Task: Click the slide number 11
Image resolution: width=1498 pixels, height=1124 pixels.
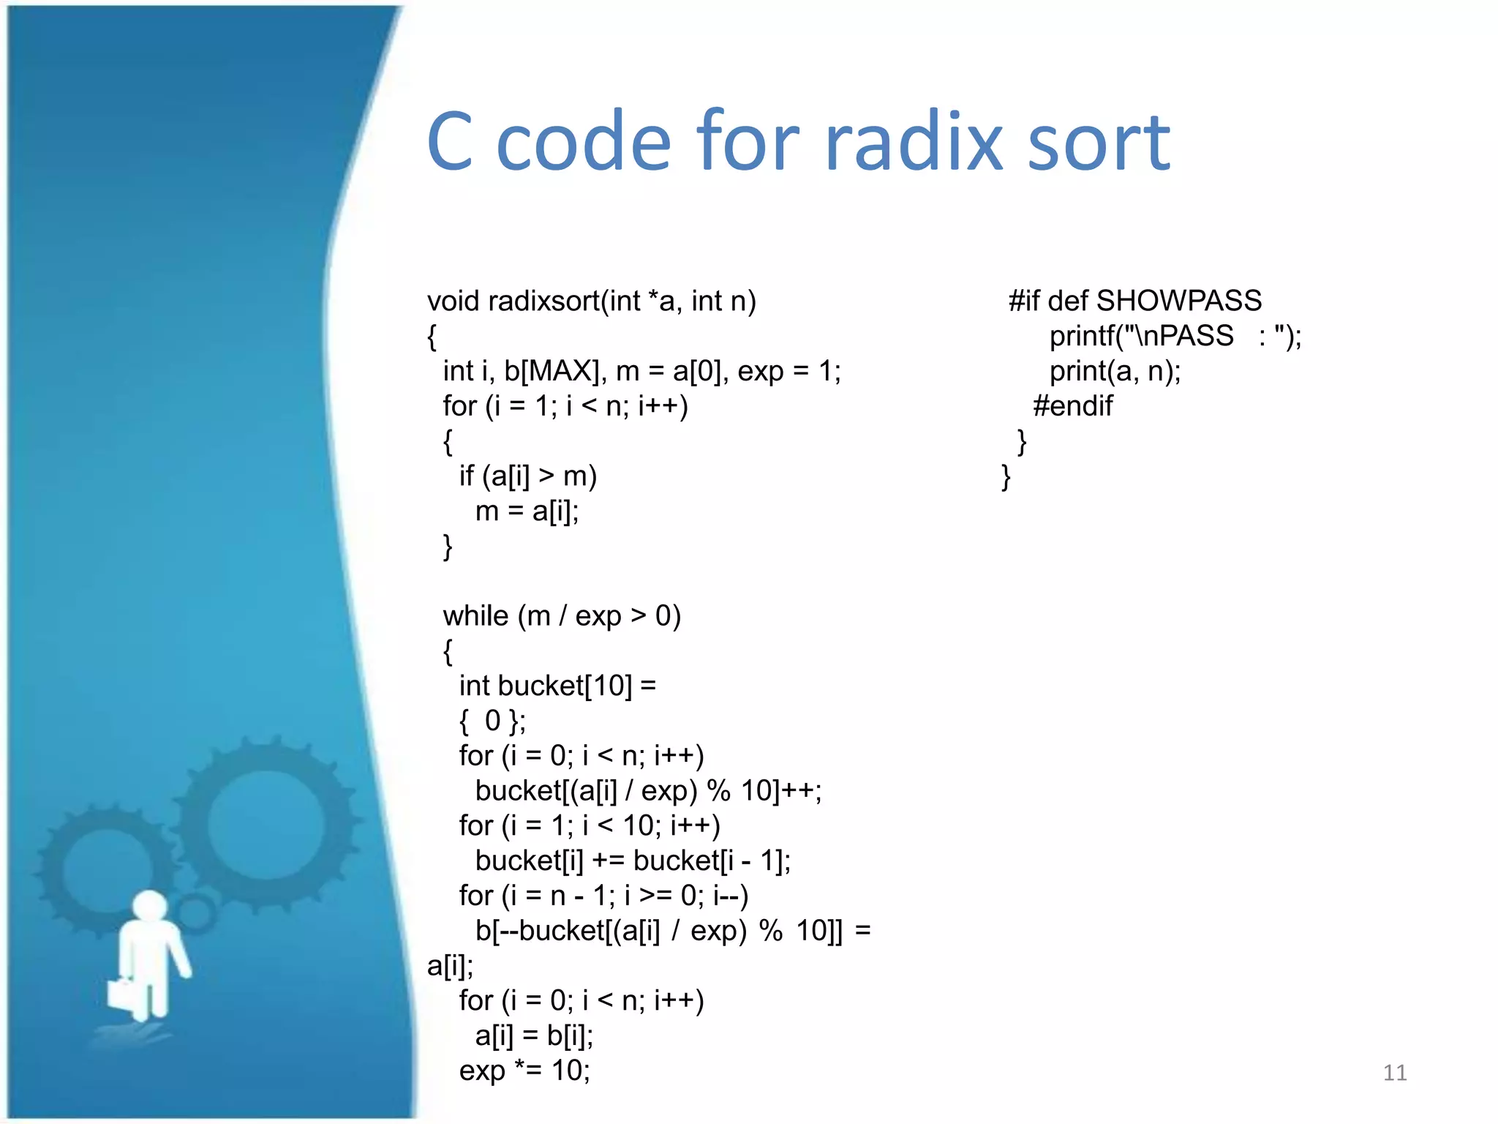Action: tap(1394, 1073)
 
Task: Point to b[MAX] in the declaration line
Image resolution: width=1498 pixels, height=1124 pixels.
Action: tap(552, 371)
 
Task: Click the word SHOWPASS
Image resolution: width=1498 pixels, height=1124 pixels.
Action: tap(1179, 301)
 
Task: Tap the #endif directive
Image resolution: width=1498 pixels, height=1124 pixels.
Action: tap(1072, 405)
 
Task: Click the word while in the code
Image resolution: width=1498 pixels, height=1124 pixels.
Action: tap(475, 616)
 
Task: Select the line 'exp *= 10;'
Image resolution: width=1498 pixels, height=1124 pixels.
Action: tap(524, 1071)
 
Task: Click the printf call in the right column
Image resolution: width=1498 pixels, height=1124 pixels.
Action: tap(1175, 336)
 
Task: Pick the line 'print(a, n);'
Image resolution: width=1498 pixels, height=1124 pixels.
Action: tap(1115, 371)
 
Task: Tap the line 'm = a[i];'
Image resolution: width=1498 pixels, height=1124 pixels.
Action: tap(527, 511)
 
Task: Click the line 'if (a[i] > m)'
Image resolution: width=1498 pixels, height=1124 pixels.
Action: tap(527, 476)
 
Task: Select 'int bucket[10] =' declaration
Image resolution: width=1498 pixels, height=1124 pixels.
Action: tap(557, 686)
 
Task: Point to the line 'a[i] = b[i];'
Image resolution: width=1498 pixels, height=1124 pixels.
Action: tap(534, 1035)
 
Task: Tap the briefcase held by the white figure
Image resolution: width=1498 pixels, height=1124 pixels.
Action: tap(125, 993)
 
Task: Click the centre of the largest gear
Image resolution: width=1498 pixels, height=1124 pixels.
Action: tap(265, 825)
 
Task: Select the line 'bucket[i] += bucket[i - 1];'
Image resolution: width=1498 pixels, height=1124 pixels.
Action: tap(633, 861)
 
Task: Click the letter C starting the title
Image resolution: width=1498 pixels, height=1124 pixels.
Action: tap(450, 141)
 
